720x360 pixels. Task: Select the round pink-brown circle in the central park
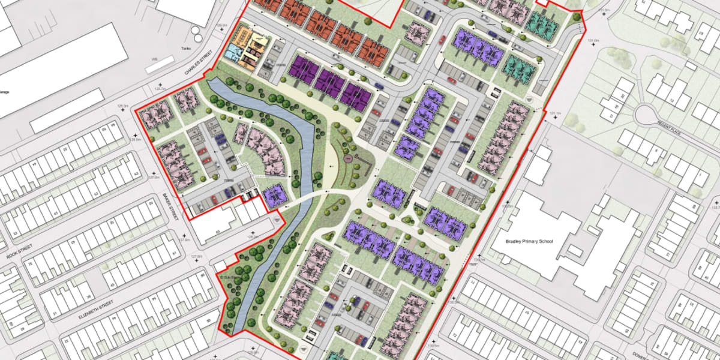point(347,159)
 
